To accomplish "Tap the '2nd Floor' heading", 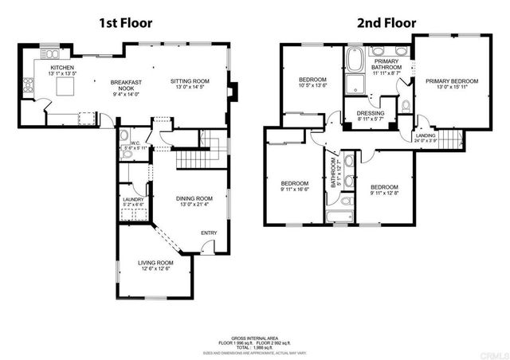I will pyautogui.click(x=375, y=22).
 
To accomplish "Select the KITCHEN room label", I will pyautogui.click(x=63, y=68).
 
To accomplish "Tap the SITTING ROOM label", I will pyautogui.click(x=189, y=80).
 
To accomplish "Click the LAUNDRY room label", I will pyautogui.click(x=132, y=200).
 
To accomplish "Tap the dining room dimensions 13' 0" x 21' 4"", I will pyautogui.click(x=194, y=205).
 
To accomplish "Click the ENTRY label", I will pyautogui.click(x=209, y=233).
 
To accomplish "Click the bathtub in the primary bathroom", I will pyautogui.click(x=355, y=59).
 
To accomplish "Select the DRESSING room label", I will pyautogui.click(x=371, y=114).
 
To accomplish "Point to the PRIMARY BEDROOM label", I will pyautogui.click(x=451, y=81).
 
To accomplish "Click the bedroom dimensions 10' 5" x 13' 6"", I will pyautogui.click(x=313, y=87).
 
